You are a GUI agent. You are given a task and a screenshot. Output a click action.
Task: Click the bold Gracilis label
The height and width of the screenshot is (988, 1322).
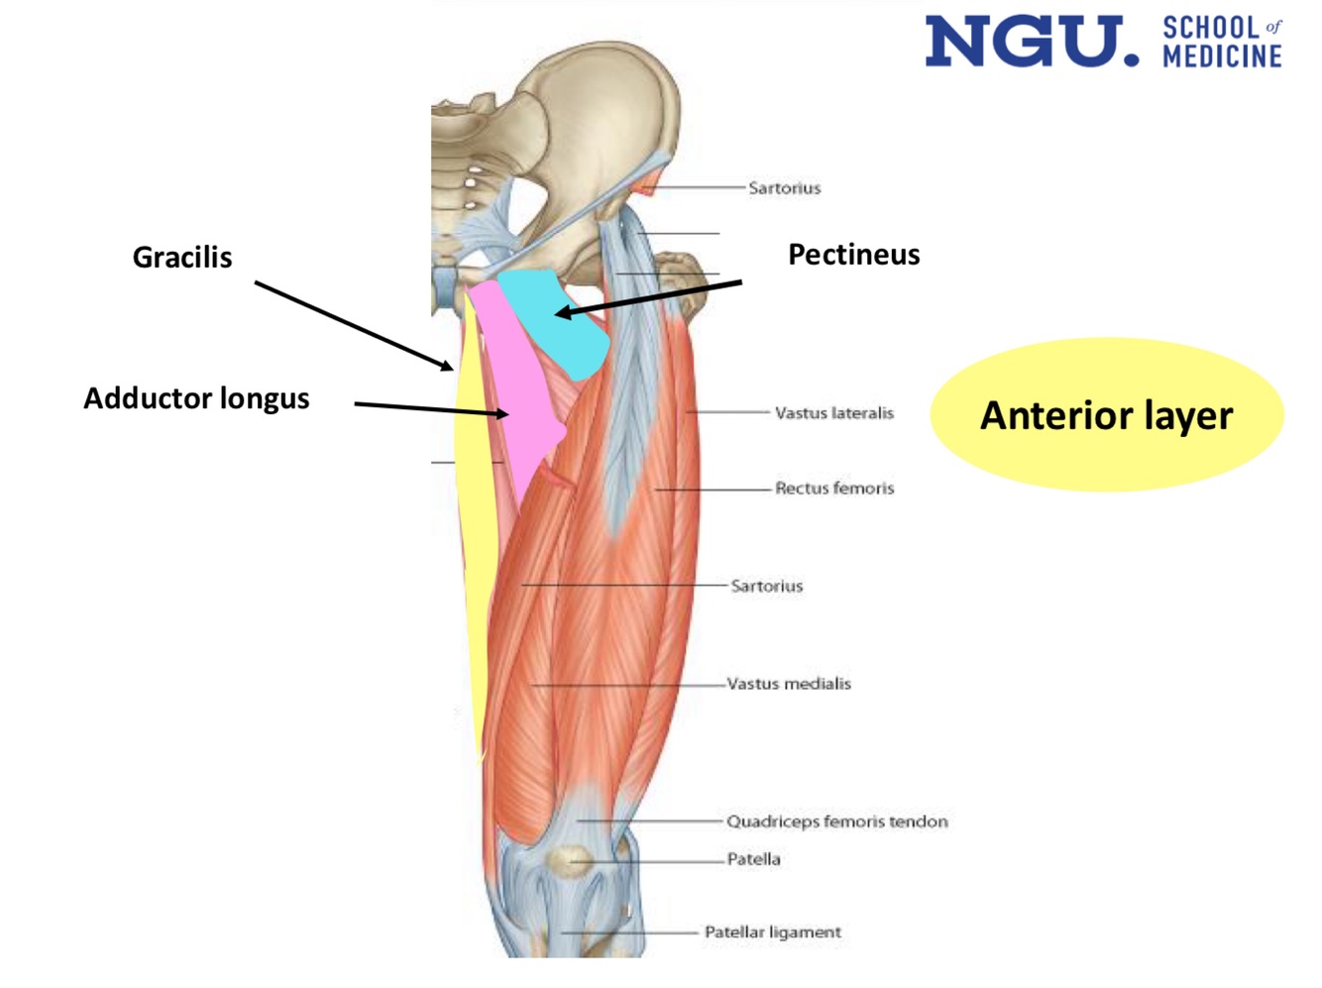(182, 258)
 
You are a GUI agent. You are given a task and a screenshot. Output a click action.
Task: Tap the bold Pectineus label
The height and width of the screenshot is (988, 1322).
(853, 255)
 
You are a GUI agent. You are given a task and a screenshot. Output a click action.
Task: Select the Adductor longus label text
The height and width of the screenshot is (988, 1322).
(196, 398)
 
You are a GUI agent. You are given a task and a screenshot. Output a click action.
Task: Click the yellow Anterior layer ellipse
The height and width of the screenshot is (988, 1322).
(1106, 415)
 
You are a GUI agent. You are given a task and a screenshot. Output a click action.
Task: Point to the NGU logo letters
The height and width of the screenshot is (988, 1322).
(1031, 42)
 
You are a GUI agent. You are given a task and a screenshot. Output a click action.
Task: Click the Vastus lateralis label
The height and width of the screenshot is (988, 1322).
(833, 413)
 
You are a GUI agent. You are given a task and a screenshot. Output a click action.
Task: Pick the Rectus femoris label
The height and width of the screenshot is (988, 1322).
(834, 488)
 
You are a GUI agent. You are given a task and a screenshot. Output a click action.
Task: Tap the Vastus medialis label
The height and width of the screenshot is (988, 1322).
(789, 684)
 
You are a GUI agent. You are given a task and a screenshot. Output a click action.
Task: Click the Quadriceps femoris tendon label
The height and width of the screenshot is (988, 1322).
(836, 822)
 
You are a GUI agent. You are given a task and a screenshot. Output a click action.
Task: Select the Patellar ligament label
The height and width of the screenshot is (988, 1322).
(772, 933)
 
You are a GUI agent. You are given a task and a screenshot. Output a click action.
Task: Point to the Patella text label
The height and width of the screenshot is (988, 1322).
(753, 859)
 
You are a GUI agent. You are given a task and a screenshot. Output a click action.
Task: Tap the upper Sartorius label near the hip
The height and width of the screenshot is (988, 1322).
(784, 188)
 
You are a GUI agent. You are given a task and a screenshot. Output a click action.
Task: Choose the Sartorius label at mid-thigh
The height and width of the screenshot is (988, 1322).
(766, 586)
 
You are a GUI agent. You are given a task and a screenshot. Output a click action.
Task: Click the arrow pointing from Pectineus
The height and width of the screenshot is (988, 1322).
(649, 298)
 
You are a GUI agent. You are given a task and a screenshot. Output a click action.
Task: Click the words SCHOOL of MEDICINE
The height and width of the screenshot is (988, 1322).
(1222, 43)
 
